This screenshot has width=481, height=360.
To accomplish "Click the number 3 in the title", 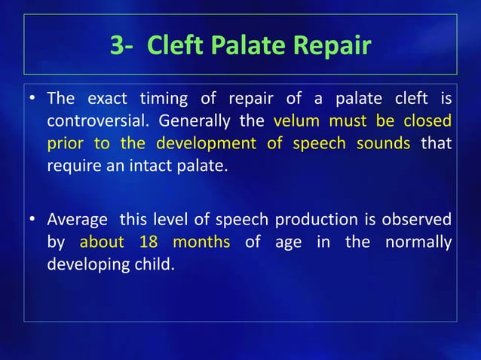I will pos(118,47).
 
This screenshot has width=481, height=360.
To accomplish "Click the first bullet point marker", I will pos(33,99).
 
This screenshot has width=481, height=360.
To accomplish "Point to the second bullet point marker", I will pos(33,220).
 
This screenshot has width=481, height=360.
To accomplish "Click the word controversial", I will pos(97,121).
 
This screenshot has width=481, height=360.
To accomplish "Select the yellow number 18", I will pos(149,243).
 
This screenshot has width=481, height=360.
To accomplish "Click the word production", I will pos(307,220).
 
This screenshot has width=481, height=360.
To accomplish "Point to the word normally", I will pos(418,243).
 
